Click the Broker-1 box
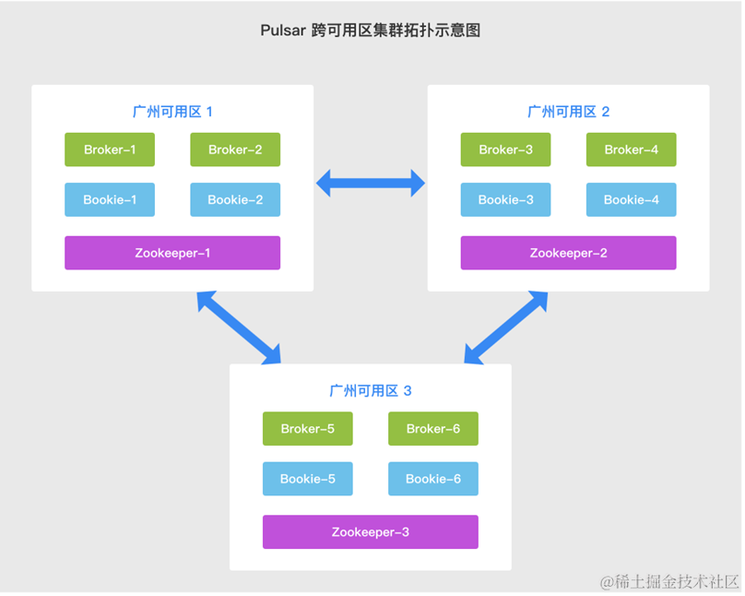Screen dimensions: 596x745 pos(110,149)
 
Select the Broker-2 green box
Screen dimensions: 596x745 pos(235,149)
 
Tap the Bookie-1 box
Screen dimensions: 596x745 pos(110,199)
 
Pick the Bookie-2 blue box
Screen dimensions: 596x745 pos(235,199)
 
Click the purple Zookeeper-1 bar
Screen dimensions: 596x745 pos(172,253)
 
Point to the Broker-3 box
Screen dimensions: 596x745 pos(505,149)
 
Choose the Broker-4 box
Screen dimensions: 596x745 pos(631,149)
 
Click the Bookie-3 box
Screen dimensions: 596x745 pos(505,199)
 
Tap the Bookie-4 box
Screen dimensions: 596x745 pos(631,199)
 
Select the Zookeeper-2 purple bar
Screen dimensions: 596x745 pos(568,253)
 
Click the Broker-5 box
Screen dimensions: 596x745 pos(307,428)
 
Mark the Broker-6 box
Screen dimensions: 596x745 pos(432,428)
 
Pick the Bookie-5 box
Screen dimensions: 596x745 pos(307,479)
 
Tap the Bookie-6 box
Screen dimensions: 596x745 pos(432,479)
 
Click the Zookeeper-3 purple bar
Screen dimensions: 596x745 pos(370,531)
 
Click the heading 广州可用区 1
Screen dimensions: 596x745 pos(172,112)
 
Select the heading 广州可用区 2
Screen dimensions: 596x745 pos(568,112)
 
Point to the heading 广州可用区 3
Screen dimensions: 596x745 pos(370,390)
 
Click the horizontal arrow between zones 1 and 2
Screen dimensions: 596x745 pos(371,184)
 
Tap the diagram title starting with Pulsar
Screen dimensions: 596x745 pos(371,30)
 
